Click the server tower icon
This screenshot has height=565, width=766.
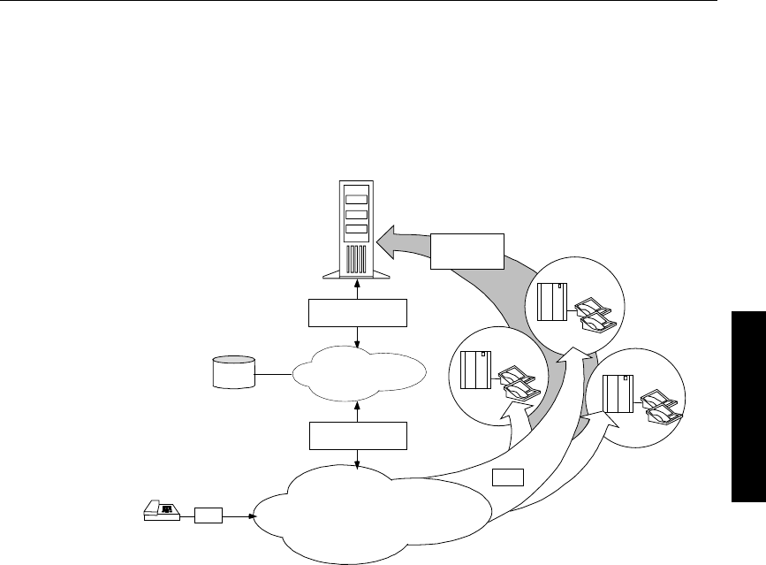pos(354,231)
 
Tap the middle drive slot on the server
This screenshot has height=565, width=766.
pos(355,214)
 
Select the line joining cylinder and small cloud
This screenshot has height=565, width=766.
pos(275,372)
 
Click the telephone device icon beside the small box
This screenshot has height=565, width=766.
pos(162,511)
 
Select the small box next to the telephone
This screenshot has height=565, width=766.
pos(209,513)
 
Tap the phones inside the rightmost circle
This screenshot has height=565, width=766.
pos(660,404)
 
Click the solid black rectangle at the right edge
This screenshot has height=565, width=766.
pos(750,407)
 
